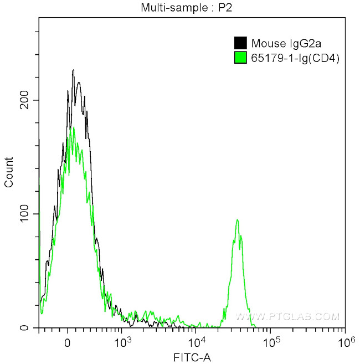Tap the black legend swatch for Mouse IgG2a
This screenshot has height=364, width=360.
click(240, 43)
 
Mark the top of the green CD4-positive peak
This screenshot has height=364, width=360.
click(238, 220)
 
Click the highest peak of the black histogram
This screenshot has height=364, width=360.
click(73, 70)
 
